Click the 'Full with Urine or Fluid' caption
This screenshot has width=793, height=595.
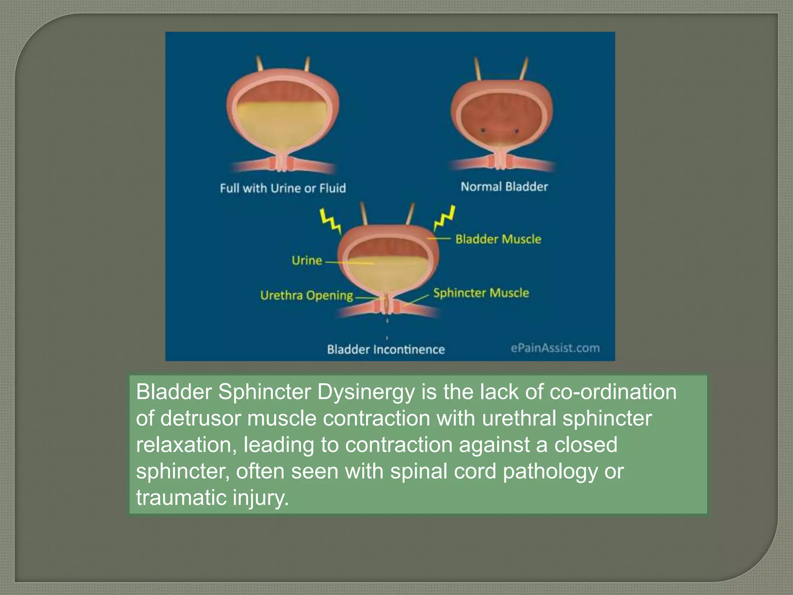[283, 188]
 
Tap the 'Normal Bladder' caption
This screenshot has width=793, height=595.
[504, 187]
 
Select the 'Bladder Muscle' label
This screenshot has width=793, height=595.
[498, 239]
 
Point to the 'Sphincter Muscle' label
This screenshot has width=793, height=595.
[481, 293]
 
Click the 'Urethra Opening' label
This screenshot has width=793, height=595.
[307, 296]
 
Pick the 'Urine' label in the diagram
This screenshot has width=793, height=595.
[307, 260]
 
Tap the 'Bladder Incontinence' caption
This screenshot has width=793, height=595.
[386, 349]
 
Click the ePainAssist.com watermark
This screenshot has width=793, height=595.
[555, 348]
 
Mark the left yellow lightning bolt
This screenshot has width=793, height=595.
[330, 221]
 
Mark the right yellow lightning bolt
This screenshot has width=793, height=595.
[444, 219]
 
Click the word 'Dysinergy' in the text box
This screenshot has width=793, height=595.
[366, 392]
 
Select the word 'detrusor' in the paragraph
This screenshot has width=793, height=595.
[201, 418]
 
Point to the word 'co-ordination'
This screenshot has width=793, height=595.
[613, 392]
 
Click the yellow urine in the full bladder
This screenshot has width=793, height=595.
[283, 124]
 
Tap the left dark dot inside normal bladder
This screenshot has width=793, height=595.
[483, 131]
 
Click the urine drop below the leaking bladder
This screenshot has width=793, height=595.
[387, 321]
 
